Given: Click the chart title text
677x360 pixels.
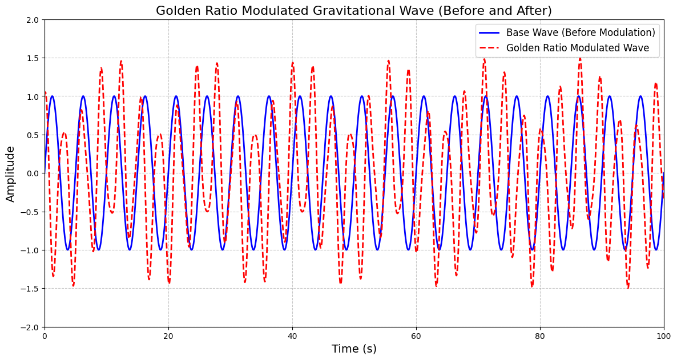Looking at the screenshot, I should [354, 11].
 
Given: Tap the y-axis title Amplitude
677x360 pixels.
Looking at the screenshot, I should [11, 173].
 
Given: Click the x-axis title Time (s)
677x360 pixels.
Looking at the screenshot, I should [354, 349].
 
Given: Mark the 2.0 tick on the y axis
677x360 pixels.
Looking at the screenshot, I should [33, 20].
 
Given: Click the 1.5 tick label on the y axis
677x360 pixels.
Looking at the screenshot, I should [33, 58].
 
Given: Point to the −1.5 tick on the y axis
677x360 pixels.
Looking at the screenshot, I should [30, 289].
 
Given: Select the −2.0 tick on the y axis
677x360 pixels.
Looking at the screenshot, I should [30, 327].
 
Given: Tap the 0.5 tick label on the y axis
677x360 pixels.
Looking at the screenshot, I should [33, 135].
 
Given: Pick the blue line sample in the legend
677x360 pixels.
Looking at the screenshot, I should [489, 33].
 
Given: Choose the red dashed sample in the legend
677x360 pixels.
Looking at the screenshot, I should [489, 48].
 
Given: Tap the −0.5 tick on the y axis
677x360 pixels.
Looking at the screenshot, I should [30, 212].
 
